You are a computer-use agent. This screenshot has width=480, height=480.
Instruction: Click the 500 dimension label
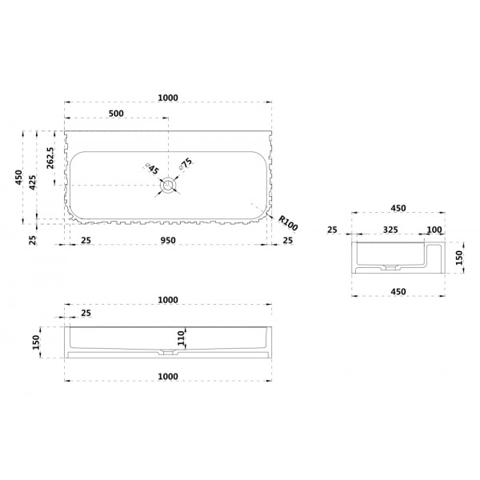coord(116,114)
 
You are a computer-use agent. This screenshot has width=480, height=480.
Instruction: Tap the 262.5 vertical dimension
coord(50,158)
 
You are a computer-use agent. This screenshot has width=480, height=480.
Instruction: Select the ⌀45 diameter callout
coord(152,169)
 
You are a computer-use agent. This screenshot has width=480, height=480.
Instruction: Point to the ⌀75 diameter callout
coord(186,163)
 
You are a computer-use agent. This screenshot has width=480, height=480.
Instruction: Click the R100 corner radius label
coord(288,223)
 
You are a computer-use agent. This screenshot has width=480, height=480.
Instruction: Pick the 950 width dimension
coord(168,241)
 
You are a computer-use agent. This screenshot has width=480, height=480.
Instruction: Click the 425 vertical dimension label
coord(33,182)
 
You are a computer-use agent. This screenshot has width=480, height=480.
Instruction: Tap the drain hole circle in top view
coord(168,186)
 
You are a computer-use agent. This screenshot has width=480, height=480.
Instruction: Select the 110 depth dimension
coord(182,338)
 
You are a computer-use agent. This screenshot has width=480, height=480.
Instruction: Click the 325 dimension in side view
coord(390,230)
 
